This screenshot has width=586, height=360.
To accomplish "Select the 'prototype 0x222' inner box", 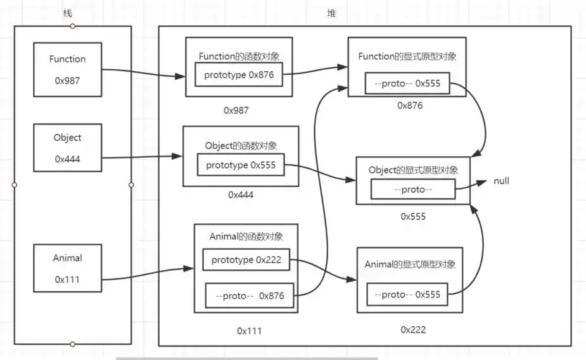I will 246,260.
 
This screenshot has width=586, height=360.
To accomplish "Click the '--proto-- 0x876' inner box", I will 248,295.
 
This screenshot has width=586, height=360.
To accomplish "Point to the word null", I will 502,181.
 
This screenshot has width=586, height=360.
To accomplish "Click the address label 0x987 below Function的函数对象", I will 238,110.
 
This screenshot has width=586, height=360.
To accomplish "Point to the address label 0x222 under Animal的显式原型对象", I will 413,330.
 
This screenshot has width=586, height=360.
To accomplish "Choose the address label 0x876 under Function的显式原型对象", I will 410,105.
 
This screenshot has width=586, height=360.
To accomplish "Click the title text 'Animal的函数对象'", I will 245,236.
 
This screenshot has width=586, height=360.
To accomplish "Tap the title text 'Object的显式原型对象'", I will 413,170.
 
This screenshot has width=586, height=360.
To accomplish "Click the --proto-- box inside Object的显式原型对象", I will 413,189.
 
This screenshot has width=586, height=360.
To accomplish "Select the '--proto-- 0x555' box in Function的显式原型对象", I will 407,85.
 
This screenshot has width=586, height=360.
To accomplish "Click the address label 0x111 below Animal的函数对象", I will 249,330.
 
